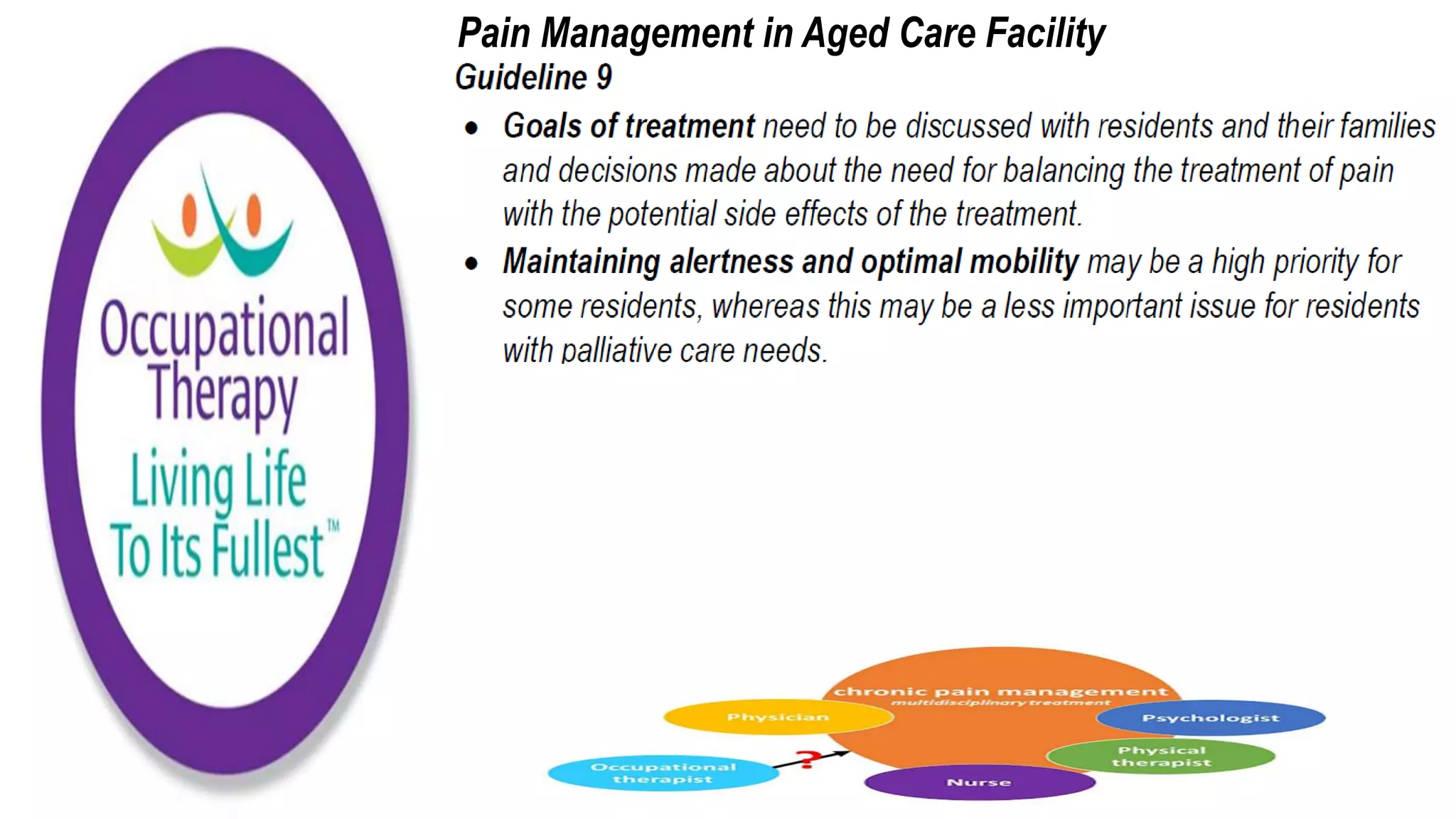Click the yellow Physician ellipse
tap(778, 717)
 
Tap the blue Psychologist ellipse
tap(1211, 718)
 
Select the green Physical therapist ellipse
tap(1161, 756)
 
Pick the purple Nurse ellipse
tap(979, 782)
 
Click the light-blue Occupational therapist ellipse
tap(663, 773)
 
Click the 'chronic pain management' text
tap(1000, 691)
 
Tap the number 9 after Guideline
tap(604, 77)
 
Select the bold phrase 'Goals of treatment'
tap(628, 127)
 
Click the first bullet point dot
tap(471, 129)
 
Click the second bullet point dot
tap(471, 264)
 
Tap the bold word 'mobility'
tap(1024, 262)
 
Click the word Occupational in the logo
tap(225, 328)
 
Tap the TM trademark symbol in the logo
tap(333, 526)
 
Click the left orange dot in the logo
tap(189, 214)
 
